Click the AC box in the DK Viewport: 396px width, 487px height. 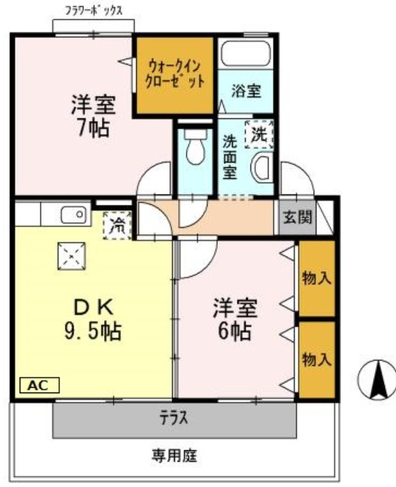[39, 385]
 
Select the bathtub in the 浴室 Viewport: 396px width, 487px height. [246, 53]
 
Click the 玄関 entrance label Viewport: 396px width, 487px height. [297, 217]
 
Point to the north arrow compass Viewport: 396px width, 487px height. [377, 380]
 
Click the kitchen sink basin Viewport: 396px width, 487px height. [73, 215]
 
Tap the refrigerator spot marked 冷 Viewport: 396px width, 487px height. [117, 226]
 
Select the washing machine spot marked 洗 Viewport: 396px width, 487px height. [259, 134]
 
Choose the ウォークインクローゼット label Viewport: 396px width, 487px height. [175, 74]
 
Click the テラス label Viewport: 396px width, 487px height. [174, 418]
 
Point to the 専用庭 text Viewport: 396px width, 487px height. [174, 456]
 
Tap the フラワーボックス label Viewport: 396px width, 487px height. [93, 11]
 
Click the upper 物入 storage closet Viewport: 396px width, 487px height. [316, 278]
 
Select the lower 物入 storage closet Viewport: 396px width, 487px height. [316, 360]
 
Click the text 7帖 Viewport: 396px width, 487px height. [93, 128]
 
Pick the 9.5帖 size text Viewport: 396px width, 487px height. [93, 331]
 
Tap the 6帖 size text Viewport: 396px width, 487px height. [235, 331]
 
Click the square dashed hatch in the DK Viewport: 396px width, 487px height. [71, 256]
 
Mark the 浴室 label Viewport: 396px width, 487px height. [246, 90]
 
